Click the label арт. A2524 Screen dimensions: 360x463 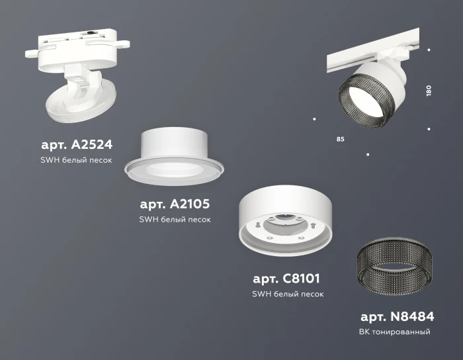coord(77,145)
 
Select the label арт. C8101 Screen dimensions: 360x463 coord(287,279)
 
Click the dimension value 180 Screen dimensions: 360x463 coord(429,91)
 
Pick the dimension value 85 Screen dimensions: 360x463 coord(340,140)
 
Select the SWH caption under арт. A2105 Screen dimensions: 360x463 coord(175,219)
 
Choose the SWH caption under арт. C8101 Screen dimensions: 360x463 coord(287,294)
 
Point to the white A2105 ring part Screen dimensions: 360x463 coord(175,156)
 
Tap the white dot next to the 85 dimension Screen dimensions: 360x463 coord(314,120)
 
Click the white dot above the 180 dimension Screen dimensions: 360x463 coord(429,50)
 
